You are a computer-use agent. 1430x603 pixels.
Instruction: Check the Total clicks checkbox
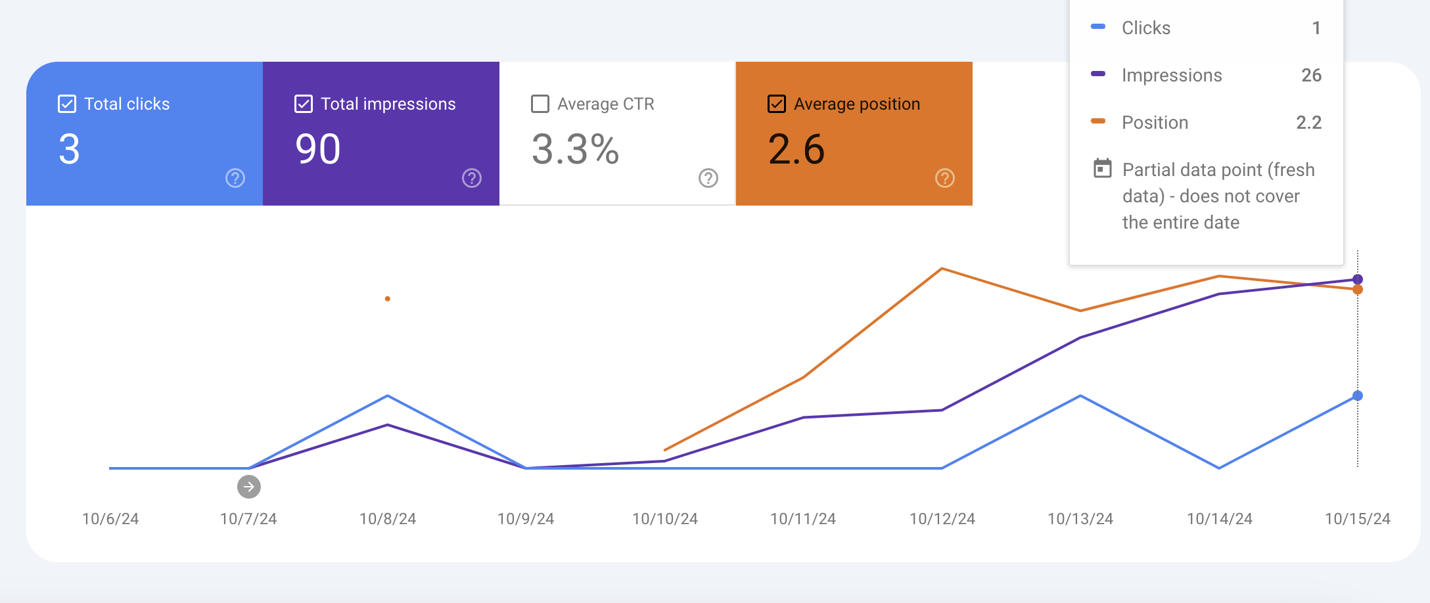pos(67,104)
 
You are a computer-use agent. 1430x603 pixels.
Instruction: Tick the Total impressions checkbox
pos(304,104)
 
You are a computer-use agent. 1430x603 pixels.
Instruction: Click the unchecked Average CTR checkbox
pos(540,104)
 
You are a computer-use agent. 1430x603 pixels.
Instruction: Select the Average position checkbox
pos(777,104)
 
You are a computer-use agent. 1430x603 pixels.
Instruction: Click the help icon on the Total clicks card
pos(235,178)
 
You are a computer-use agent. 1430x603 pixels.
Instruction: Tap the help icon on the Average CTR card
pos(708,178)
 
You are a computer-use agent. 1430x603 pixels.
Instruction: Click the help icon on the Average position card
pos(945,178)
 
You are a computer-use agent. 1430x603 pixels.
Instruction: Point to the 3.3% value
pos(575,149)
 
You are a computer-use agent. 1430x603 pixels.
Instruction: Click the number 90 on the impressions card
pos(318,149)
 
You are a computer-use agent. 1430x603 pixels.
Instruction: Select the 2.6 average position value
pos(796,149)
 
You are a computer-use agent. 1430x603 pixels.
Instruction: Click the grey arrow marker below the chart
pos(249,487)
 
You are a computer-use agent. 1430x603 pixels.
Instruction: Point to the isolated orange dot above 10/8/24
pos(388,299)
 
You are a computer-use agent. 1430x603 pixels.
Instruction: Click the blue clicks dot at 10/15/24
pos(1358,395)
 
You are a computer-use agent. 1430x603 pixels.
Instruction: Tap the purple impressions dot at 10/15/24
pos(1358,279)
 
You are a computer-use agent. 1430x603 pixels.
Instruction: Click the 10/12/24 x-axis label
pos(942,519)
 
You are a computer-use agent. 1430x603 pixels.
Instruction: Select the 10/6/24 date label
pos(110,519)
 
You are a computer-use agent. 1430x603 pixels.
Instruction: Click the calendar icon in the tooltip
pos(1103,169)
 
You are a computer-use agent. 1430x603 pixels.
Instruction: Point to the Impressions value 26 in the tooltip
pos(1312,75)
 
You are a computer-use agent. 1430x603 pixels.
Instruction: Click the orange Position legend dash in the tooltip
pos(1098,121)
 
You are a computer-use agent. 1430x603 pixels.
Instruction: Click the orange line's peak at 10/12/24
pos(942,269)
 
